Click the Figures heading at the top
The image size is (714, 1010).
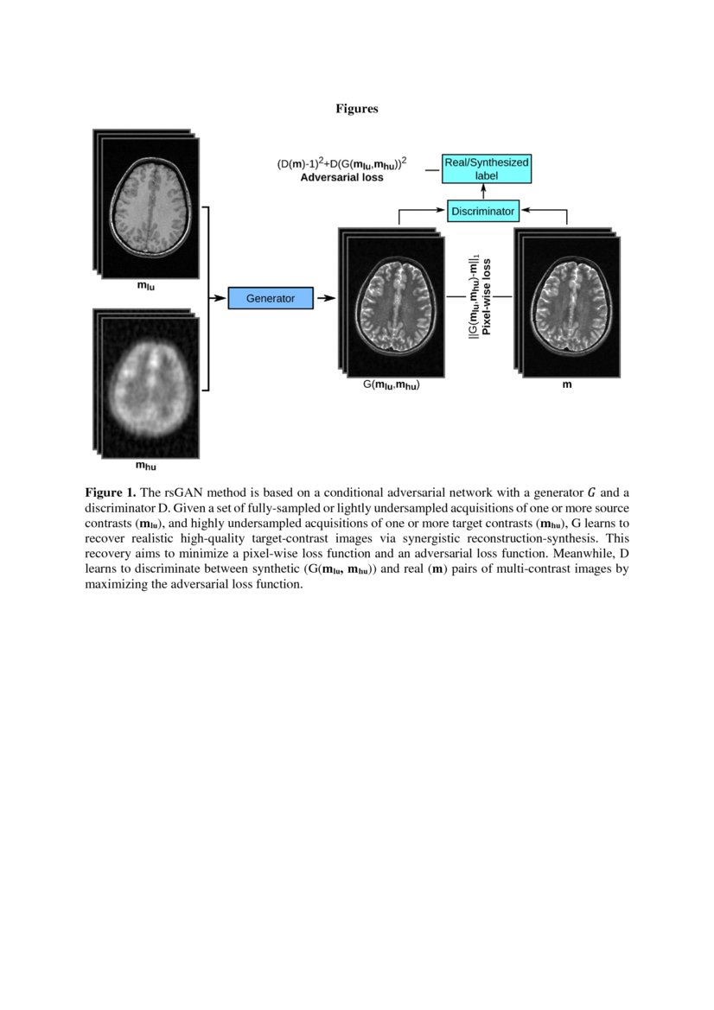tap(357, 109)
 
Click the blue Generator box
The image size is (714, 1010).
tap(270, 298)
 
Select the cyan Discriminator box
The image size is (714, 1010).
tap(482, 210)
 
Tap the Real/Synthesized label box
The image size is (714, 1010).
tap(486, 168)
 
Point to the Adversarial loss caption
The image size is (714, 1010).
tap(341, 177)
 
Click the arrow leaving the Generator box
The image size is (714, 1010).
tap(326, 298)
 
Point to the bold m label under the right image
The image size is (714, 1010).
tap(567, 384)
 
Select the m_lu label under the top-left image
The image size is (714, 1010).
tap(146, 284)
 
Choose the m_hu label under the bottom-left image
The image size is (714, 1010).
tap(145, 467)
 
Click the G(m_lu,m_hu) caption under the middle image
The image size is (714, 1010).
tap(391, 385)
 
